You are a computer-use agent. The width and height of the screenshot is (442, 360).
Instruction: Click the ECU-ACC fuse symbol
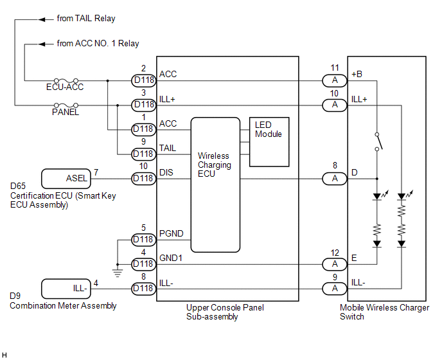tap(66, 81)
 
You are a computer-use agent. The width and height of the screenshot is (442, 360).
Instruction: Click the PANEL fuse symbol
tap(66, 105)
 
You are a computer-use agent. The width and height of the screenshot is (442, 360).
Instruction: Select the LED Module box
tap(269, 142)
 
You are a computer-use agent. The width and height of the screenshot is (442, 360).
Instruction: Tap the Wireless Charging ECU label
tap(215, 165)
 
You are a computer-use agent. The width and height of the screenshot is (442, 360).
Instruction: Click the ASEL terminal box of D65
tap(66, 179)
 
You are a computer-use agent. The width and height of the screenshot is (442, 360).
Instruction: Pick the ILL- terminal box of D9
tap(66, 289)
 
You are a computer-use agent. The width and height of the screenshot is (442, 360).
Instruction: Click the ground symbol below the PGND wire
tap(118, 273)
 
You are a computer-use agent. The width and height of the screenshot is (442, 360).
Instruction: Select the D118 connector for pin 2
tap(144, 80)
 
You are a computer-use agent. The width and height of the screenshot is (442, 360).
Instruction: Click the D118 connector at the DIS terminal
tap(144, 179)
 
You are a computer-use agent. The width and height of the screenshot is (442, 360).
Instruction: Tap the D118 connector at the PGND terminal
tap(144, 240)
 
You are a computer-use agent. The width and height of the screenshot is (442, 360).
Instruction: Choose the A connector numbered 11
tap(335, 80)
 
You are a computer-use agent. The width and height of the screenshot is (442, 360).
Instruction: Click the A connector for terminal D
tap(335, 179)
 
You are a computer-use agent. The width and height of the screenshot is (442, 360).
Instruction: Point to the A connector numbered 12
tap(335, 264)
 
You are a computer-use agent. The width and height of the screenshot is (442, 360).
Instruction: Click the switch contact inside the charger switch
tap(378, 141)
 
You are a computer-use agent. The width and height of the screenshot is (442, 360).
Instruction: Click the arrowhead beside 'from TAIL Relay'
tap(42, 19)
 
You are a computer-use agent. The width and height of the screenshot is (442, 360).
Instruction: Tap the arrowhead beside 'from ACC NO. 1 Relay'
tap(42, 44)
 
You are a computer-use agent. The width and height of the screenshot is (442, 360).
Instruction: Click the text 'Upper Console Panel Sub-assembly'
tap(225, 312)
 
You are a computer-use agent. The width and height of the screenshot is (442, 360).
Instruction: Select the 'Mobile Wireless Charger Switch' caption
tap(384, 312)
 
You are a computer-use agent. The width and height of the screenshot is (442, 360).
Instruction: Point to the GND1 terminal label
tap(171, 258)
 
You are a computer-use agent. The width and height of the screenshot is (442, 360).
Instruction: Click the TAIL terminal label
tap(168, 148)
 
